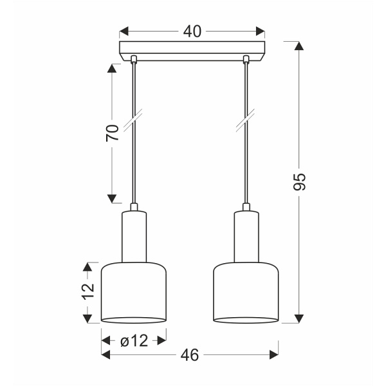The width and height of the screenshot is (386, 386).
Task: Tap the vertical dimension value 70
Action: (x=113, y=133)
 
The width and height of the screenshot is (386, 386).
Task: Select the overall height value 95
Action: (x=299, y=182)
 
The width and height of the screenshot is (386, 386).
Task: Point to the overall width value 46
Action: (x=189, y=354)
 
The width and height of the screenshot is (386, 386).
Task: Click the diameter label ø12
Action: (x=134, y=341)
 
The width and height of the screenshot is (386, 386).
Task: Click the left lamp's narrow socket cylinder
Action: (x=134, y=236)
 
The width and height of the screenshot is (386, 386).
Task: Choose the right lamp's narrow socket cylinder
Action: (x=245, y=236)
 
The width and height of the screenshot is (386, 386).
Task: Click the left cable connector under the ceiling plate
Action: (x=134, y=60)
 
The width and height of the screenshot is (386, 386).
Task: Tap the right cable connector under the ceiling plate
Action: (x=245, y=60)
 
